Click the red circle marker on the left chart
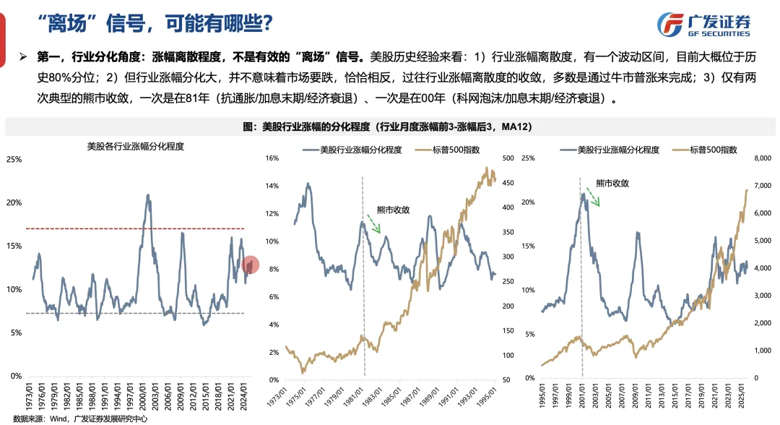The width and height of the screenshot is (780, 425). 250,266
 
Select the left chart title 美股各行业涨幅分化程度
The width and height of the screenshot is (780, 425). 135,145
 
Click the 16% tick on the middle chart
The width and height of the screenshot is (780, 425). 272,158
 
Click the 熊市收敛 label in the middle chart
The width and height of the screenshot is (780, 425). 393,210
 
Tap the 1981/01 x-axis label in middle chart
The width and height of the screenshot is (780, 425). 363,401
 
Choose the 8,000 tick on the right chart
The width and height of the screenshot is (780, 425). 761,158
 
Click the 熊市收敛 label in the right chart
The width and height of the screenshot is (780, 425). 612,184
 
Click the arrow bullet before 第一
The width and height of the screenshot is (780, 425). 23,56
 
